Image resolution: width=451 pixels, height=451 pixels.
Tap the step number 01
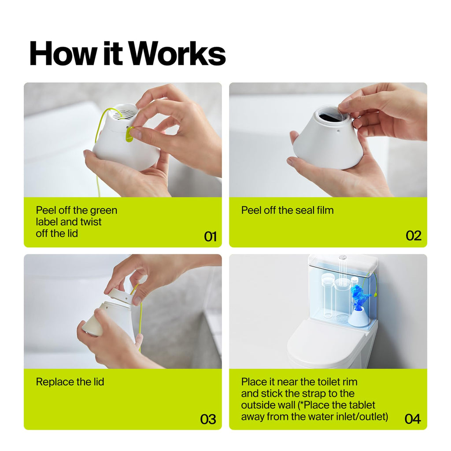point(210,237)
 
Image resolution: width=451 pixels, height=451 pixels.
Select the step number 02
point(414,236)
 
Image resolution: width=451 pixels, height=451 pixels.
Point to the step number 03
point(208,419)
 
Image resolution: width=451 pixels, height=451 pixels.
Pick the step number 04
point(413,418)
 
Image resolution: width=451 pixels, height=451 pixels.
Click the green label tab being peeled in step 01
point(129,134)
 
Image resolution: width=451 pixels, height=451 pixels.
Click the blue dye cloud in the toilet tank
point(359,296)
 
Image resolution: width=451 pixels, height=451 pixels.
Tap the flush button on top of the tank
point(342,257)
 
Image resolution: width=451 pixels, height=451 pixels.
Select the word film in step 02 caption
point(325,210)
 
